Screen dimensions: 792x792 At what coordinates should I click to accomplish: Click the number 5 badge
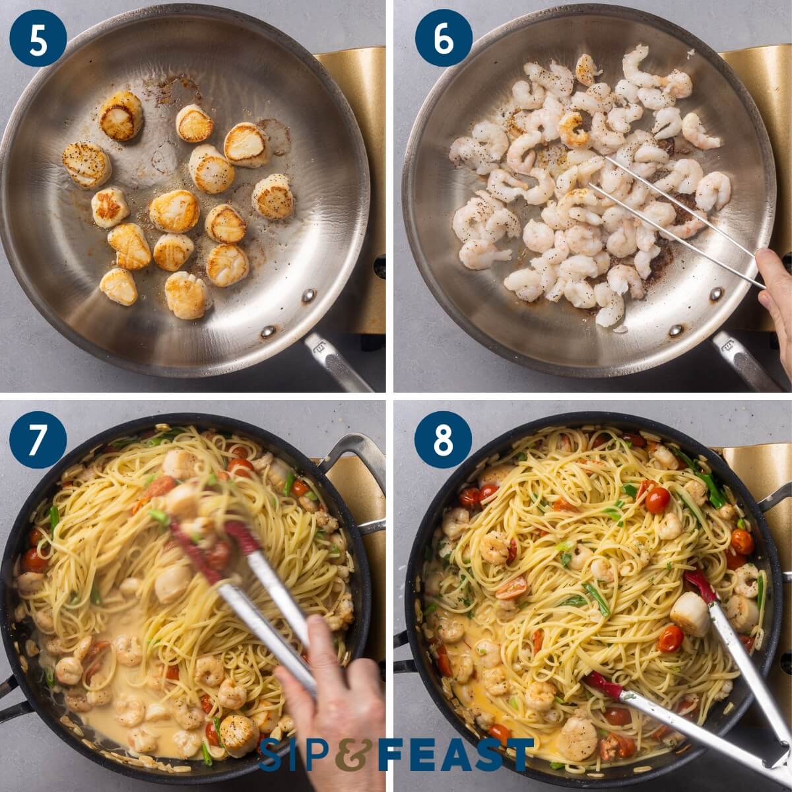(38, 38)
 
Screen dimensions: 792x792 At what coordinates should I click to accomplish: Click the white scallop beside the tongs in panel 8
(690, 614)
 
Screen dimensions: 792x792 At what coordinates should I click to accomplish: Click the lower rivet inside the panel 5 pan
(267, 332)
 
